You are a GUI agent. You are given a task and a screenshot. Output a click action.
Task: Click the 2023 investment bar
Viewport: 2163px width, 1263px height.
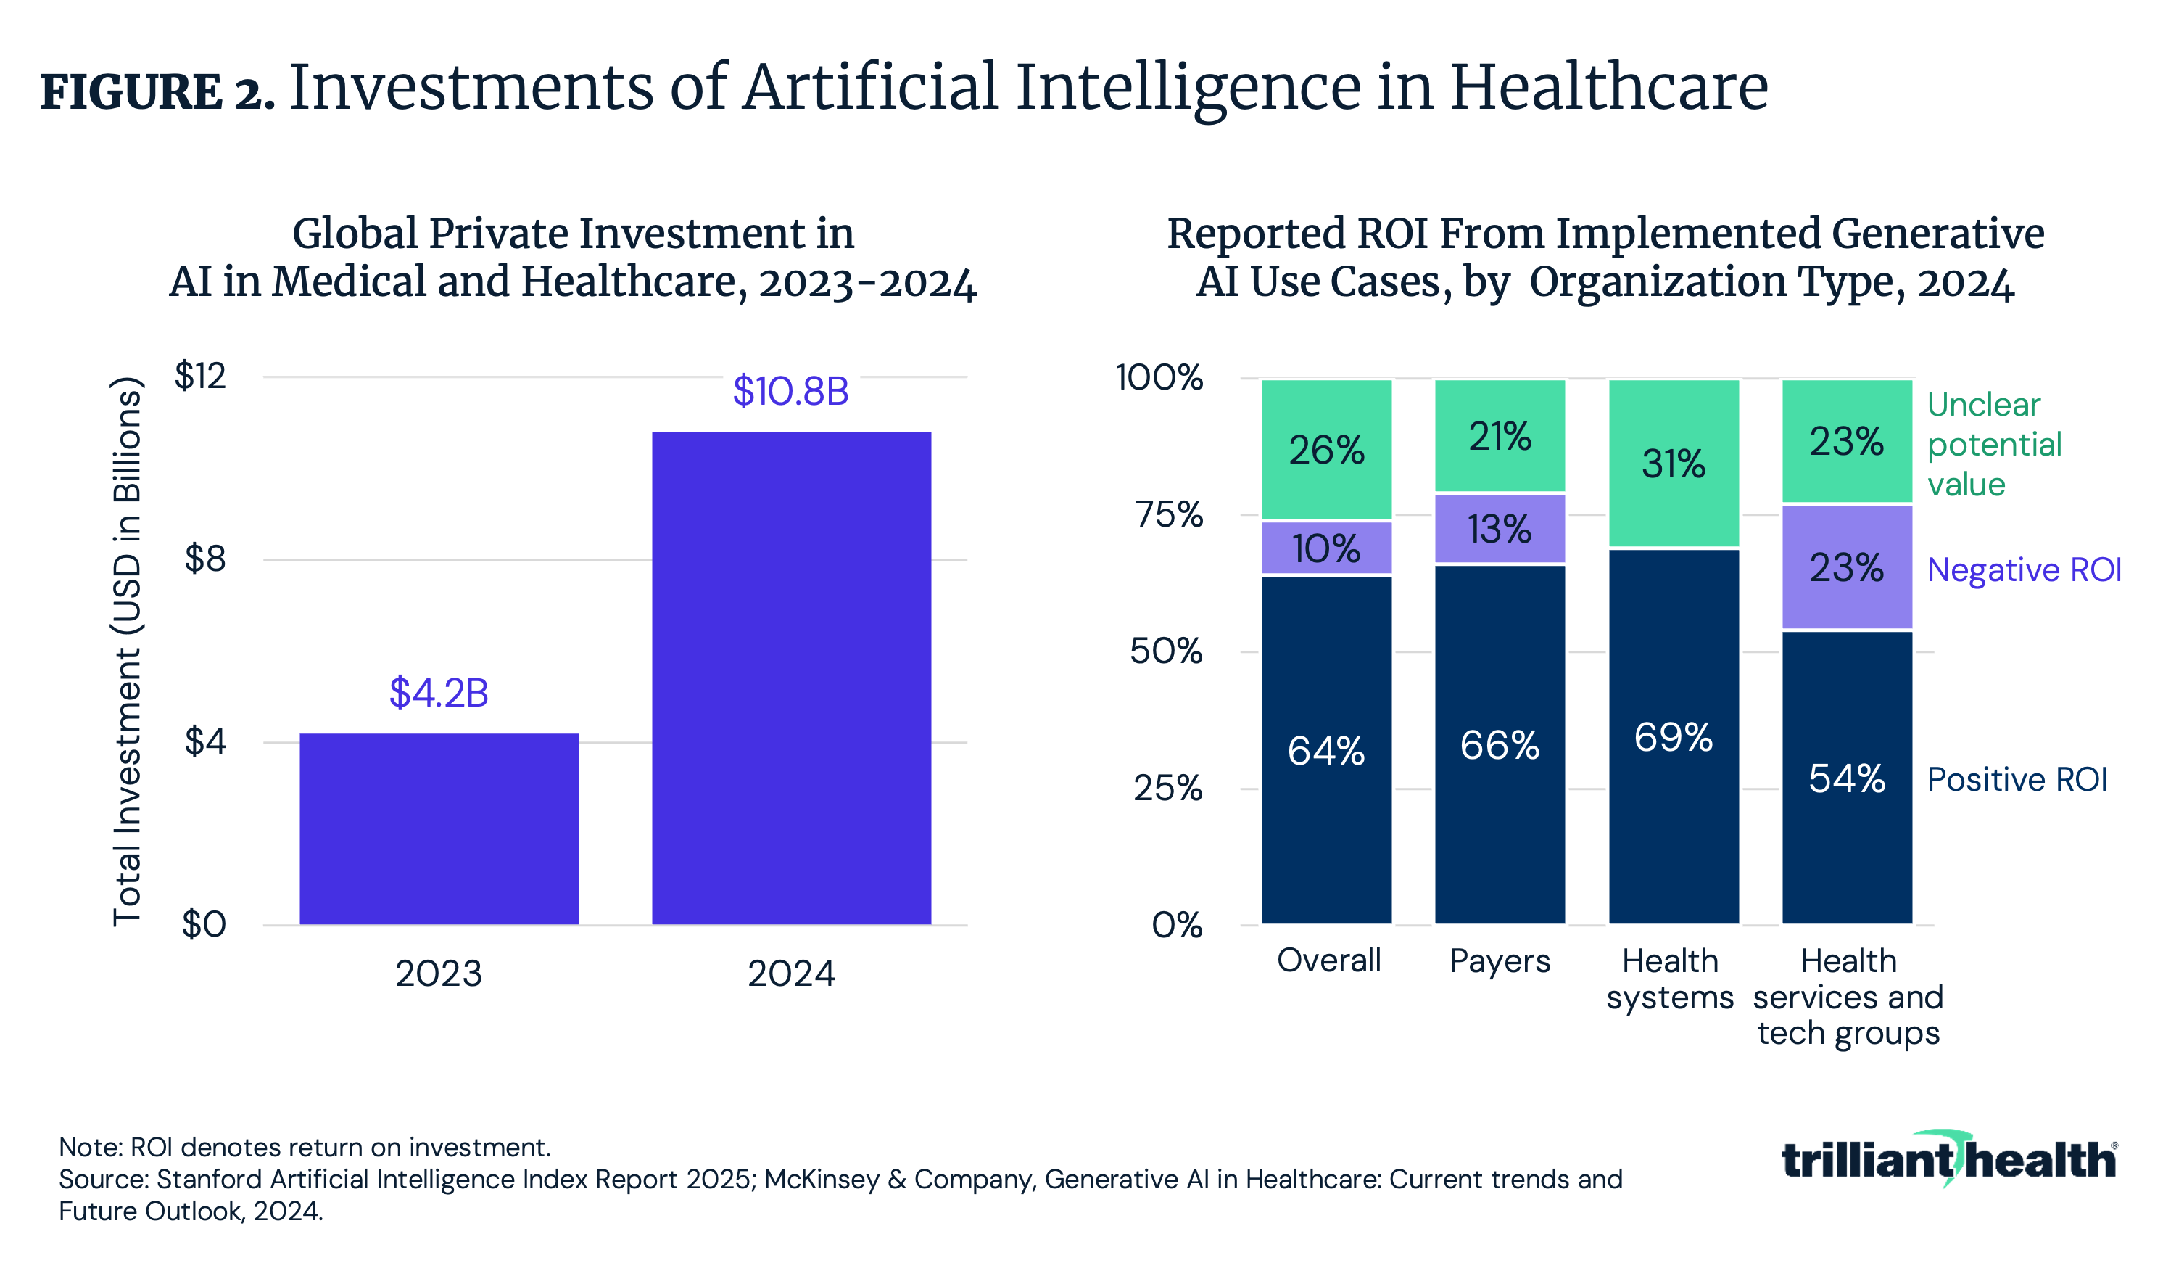tap(439, 828)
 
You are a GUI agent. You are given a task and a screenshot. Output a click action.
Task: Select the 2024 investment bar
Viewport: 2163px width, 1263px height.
tap(790, 678)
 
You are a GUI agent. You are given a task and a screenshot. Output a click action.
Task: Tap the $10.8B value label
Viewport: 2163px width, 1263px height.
tap(790, 392)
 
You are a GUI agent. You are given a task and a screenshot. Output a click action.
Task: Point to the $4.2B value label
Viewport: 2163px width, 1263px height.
tap(439, 693)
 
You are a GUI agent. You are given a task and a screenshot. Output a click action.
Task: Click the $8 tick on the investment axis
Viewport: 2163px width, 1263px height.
tap(204, 559)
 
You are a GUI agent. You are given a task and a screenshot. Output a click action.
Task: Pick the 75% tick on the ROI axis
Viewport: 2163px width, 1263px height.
tap(1168, 514)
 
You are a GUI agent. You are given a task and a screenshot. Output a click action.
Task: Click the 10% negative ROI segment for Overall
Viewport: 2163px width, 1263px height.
tap(1326, 548)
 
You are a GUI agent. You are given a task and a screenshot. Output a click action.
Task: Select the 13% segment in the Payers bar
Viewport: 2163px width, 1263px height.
tap(1499, 529)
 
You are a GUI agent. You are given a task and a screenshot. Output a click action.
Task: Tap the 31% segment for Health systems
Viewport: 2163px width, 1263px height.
tap(1673, 464)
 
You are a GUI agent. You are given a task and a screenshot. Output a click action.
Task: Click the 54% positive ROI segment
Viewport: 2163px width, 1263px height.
tap(1846, 778)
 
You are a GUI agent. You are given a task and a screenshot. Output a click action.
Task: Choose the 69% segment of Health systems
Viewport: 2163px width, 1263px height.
tap(1673, 736)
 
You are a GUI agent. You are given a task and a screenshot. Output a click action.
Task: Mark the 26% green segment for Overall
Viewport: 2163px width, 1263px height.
tap(1326, 450)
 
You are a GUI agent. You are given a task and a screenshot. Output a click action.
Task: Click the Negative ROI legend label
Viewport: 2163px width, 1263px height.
tap(2023, 570)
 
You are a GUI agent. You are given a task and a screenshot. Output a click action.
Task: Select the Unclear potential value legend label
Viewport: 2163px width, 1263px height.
tap(1993, 444)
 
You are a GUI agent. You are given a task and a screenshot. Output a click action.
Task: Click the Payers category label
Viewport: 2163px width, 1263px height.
tap(1499, 960)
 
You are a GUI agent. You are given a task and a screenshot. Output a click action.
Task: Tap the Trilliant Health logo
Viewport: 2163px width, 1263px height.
tap(1948, 1159)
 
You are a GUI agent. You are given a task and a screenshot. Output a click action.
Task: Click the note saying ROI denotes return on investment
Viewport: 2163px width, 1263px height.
tap(305, 1147)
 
